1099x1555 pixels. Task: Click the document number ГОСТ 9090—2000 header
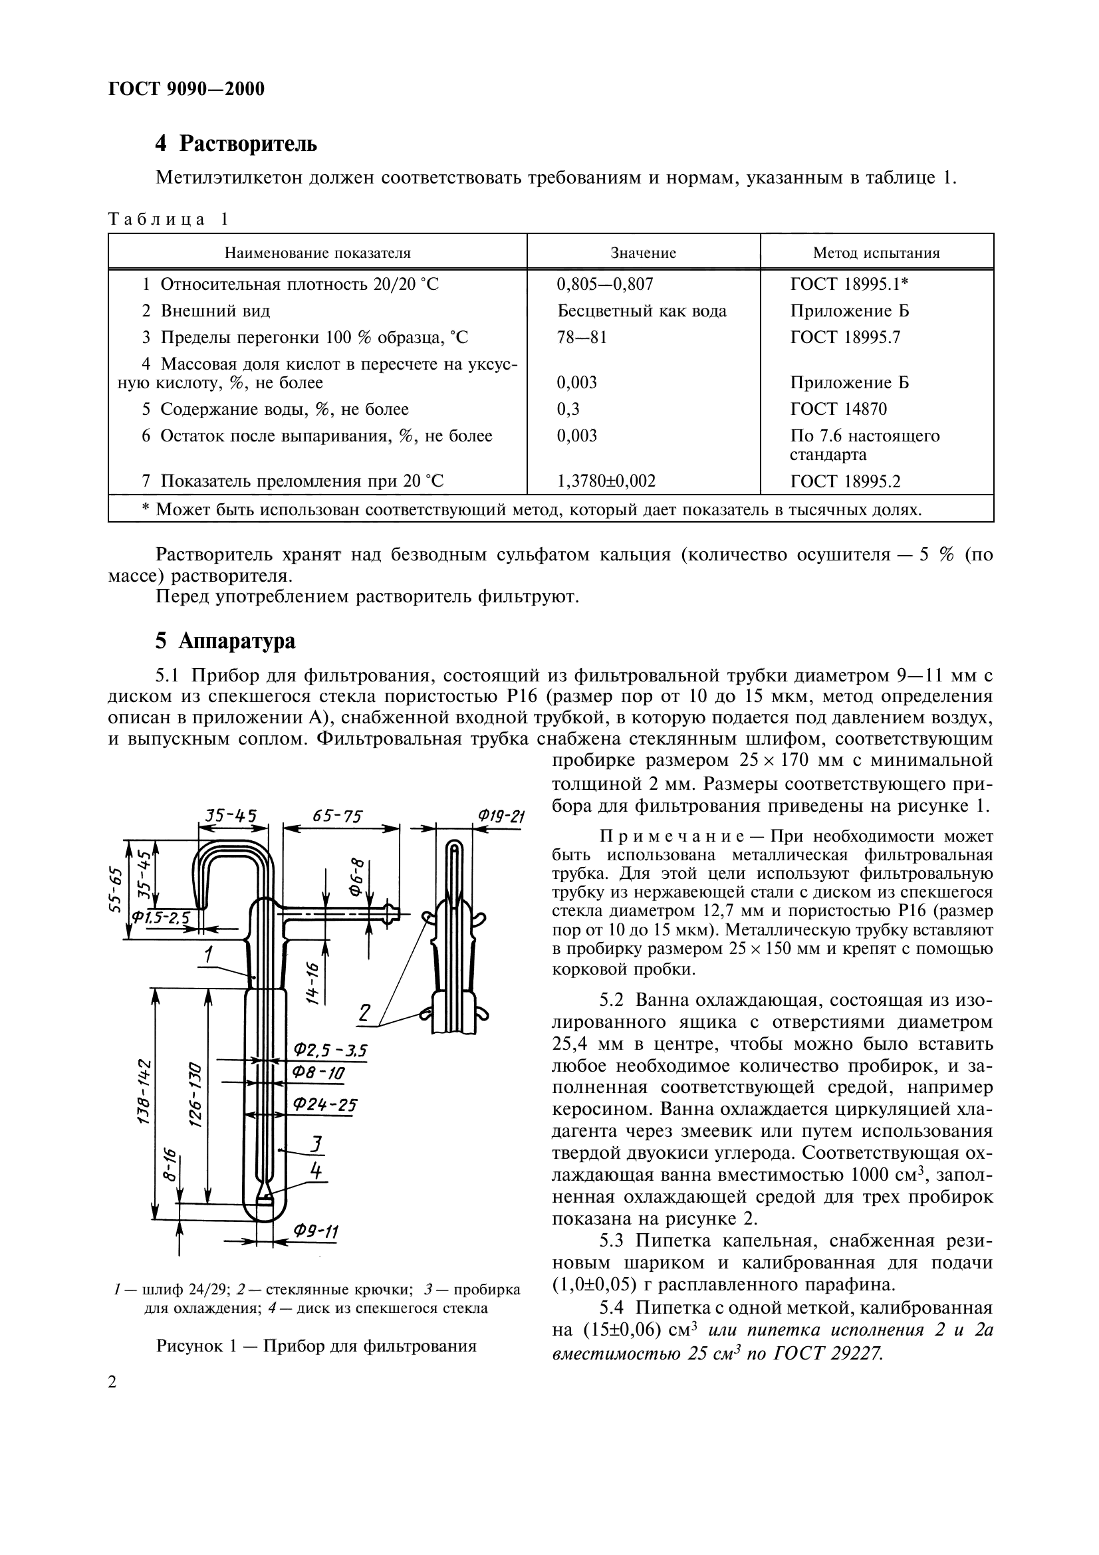[x=186, y=89]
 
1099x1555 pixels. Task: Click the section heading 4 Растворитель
[x=235, y=144]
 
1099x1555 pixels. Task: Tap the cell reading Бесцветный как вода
[x=642, y=311]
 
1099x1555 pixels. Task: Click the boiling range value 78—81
[x=582, y=337]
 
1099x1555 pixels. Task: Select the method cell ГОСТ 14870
[x=838, y=409]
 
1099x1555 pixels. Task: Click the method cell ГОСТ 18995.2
[x=845, y=481]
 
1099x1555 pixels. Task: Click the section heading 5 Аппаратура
[x=225, y=641]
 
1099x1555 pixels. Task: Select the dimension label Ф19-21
[x=501, y=816]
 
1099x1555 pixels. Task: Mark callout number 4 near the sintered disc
[x=315, y=1169]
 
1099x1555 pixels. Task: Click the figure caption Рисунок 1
[x=316, y=1345]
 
